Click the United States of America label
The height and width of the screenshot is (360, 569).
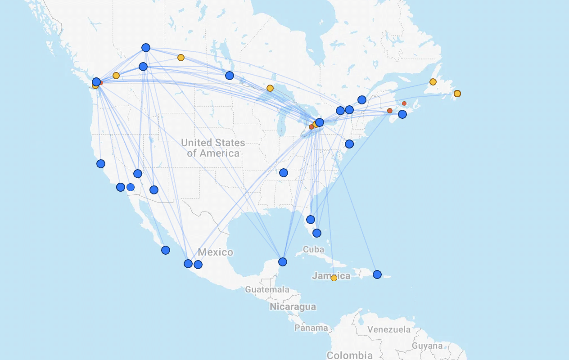point(213,148)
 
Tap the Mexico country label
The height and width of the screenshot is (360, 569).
point(215,252)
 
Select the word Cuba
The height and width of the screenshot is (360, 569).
point(313,249)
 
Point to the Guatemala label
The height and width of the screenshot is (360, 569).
point(267,289)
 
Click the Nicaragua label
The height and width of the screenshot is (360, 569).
point(293,307)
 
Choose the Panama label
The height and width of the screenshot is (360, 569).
point(311,328)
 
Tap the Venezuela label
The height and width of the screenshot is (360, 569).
point(389,329)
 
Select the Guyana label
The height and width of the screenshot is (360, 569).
point(427,346)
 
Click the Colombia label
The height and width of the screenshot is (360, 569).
point(349,355)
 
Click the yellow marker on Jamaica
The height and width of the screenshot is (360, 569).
point(334,278)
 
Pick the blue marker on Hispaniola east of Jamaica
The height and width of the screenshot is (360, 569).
point(377,274)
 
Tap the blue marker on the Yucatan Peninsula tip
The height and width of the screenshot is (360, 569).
point(283,262)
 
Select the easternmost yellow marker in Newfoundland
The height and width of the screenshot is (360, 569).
point(457,94)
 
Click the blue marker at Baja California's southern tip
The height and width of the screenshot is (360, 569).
point(166,250)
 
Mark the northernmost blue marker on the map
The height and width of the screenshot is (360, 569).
point(146,48)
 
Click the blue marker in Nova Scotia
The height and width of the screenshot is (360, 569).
point(402,114)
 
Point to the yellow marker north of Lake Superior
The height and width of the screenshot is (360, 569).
point(270,88)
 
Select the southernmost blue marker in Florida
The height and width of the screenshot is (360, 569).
point(317,233)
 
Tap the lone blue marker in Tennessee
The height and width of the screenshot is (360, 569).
point(284,173)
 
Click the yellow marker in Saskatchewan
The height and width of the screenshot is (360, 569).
point(181,58)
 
